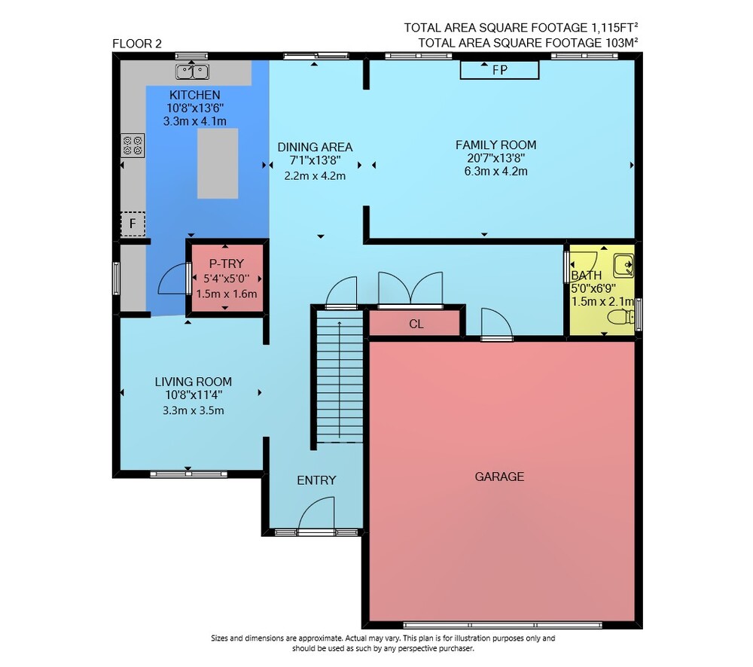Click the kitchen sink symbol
192,72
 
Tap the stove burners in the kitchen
133,145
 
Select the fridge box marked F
133,224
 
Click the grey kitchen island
218,163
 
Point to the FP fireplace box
499,70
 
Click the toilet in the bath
621,317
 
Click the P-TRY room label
226,263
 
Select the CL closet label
416,324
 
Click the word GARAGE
499,477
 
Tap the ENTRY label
316,480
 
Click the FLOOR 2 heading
137,44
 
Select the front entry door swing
316,514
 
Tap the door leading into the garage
496,324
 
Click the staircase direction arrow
340,379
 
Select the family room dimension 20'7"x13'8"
495,158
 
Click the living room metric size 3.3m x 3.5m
193,410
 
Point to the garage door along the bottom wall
502,626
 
